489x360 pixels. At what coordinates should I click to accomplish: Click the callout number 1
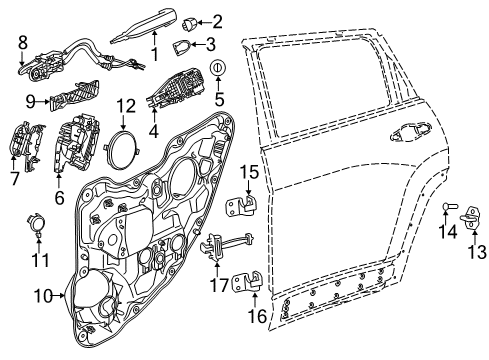point(154,53)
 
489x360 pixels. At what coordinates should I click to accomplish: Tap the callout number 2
point(217,20)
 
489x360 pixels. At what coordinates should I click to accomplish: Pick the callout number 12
point(125,105)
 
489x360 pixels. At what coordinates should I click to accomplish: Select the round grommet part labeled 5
point(218,68)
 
